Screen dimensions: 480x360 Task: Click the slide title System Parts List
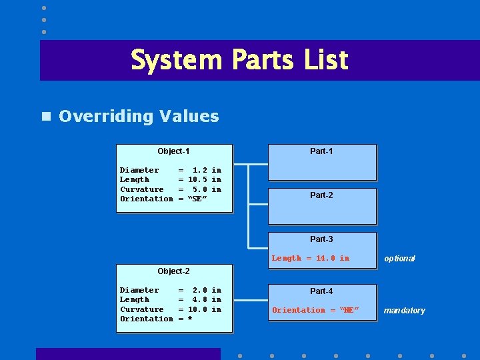(239, 60)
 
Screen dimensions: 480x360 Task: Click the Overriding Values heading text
(139, 116)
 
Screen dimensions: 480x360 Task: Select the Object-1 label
(173, 151)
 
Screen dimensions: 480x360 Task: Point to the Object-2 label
(173, 271)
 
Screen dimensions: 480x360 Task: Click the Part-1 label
(321, 151)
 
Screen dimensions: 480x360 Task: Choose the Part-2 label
(321, 195)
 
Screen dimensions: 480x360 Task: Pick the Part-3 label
(321, 239)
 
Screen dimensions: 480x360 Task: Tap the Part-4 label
(321, 291)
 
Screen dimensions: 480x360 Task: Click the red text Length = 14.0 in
(310, 259)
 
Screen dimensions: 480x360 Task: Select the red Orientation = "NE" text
(315, 311)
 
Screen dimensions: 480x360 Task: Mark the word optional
(399, 259)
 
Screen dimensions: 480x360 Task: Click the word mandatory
(403, 311)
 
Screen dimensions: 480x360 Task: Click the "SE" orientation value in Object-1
(198, 199)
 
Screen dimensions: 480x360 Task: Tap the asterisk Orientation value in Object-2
(190, 319)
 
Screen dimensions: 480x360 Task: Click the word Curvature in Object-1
(141, 189)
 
